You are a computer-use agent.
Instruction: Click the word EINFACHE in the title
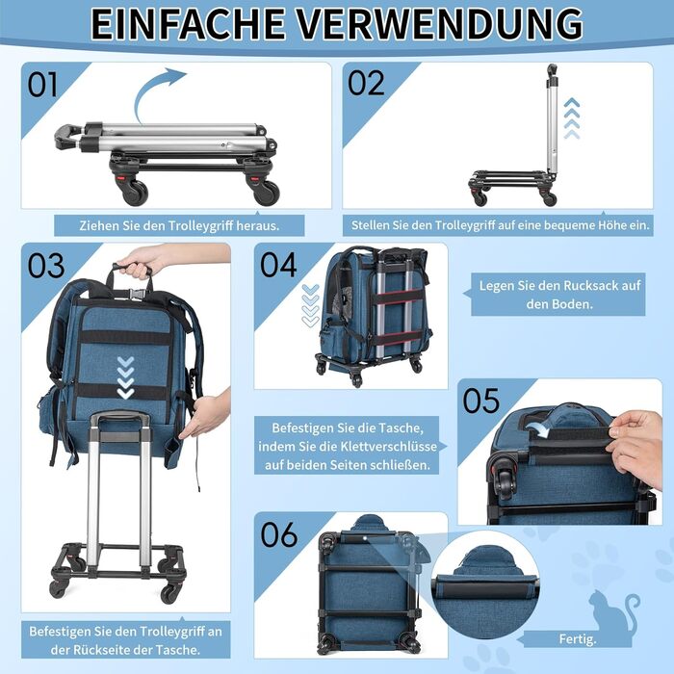coord(188,23)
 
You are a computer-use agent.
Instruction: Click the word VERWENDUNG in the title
coord(441,23)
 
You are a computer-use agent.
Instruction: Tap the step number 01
coord(42,85)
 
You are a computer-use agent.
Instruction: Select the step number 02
coord(366,83)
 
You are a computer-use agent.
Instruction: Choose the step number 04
coord(278,265)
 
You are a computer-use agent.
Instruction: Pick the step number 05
coord(481,401)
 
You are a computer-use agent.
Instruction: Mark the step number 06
coord(279,534)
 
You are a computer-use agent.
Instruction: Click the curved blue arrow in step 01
coord(150,92)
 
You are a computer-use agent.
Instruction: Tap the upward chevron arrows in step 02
coord(572,118)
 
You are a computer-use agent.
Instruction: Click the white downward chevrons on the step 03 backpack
coord(125,377)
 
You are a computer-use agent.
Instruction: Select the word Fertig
coord(578,639)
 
